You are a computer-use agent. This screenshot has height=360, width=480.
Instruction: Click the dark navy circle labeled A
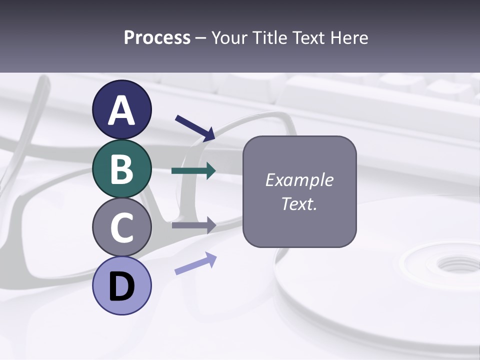point(122,109)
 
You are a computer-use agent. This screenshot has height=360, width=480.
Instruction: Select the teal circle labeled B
point(122,168)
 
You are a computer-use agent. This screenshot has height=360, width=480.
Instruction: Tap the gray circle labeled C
point(122,227)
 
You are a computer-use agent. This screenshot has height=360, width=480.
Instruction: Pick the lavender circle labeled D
point(122,285)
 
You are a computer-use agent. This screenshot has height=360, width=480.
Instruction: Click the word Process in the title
point(157,37)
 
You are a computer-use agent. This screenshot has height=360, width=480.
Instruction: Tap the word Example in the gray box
point(299,180)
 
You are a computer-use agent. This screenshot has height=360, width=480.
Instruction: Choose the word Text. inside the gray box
point(299,203)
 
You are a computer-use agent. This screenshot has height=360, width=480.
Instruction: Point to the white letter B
point(122,169)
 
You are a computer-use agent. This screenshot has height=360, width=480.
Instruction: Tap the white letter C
point(122,227)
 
